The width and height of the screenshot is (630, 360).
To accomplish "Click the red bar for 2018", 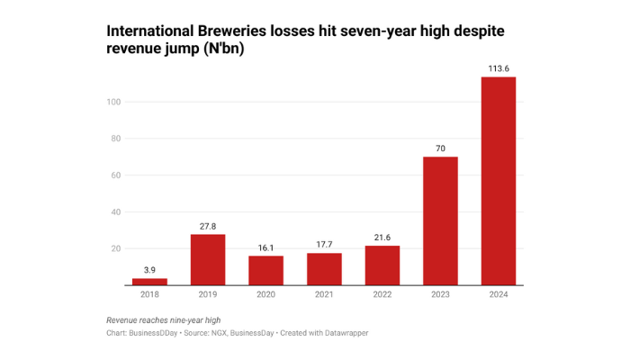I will coord(149,282).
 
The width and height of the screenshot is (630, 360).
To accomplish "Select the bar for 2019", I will coord(208,259).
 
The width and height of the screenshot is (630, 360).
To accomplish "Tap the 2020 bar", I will coord(265,270).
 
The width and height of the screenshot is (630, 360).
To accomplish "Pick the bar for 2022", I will coord(382,265).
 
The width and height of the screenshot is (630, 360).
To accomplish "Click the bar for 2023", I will coord(440,220).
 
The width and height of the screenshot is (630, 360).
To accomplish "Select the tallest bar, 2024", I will coord(499,180).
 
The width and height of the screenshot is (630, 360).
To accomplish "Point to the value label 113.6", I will coord(499,68).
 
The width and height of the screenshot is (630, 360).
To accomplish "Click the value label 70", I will coord(440,148).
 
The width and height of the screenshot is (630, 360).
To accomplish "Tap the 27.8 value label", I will coord(208,226).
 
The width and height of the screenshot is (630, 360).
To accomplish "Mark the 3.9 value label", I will coord(149,270).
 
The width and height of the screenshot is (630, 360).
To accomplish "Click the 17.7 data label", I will coord(324,245).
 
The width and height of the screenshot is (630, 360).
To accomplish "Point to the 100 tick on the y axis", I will coord(114,103).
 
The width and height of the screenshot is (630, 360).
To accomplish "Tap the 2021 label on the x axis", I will coord(324,295).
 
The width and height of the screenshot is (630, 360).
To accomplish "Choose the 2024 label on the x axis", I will coord(499,295).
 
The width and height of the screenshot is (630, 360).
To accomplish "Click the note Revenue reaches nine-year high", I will coord(163,320).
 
